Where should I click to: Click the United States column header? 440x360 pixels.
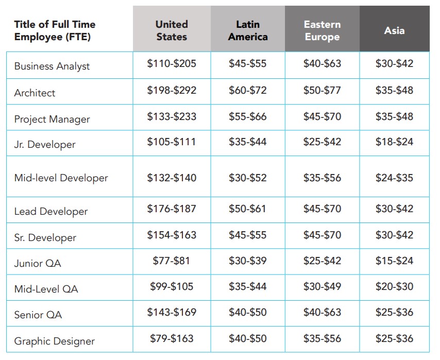tap(172, 30)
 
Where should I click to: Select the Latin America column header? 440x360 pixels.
tap(248, 30)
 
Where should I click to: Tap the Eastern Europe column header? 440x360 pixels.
tap(322, 30)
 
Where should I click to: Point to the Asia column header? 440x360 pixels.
tap(394, 30)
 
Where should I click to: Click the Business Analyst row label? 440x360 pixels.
tap(52, 66)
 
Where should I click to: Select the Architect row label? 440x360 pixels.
tap(35, 93)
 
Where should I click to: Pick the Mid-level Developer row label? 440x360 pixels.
tap(61, 178)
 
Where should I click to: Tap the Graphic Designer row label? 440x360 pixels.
tap(55, 341)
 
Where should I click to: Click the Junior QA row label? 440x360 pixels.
tap(38, 264)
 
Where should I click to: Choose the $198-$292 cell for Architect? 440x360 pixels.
tap(172, 90)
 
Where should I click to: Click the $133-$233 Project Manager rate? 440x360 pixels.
tap(172, 116)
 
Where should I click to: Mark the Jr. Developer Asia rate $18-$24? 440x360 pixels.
tap(394, 142)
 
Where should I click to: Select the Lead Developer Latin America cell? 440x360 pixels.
tap(247, 209)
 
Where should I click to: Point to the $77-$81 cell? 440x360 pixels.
tap(171, 261)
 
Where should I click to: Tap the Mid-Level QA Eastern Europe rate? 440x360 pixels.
tap(322, 286)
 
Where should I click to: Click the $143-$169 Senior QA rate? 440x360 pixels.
tap(172, 312)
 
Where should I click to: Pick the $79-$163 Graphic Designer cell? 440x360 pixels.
tap(172, 338)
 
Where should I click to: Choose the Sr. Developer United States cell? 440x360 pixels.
tap(172, 235)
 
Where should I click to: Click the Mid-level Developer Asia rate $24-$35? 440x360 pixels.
tap(394, 178)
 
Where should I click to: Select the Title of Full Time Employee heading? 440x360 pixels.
tap(55, 30)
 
